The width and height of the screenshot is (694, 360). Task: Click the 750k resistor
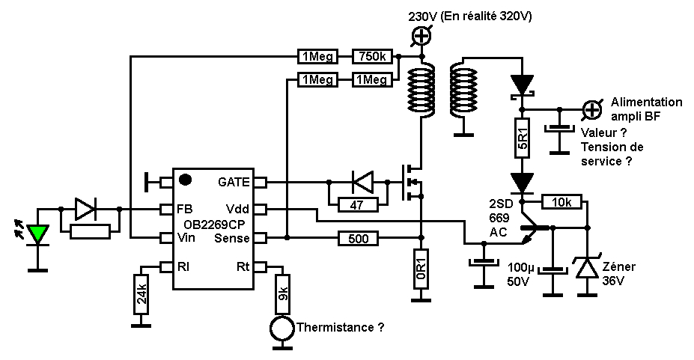coord(372,56)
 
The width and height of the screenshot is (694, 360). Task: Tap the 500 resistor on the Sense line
coord(357,239)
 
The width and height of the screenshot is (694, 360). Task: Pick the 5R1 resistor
coord(524,138)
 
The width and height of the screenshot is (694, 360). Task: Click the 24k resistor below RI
coord(141,294)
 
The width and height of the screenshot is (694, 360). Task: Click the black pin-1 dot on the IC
coord(184,180)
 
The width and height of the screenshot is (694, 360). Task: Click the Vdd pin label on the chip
coord(237,209)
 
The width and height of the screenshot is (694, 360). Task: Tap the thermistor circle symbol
coord(282,327)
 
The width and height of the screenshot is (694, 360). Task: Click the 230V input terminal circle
coord(421,34)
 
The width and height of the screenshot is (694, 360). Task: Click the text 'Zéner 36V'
coord(619,273)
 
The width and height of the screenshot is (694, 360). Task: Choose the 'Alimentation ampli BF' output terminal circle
coord(592,109)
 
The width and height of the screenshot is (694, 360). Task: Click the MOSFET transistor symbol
coord(411,182)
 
